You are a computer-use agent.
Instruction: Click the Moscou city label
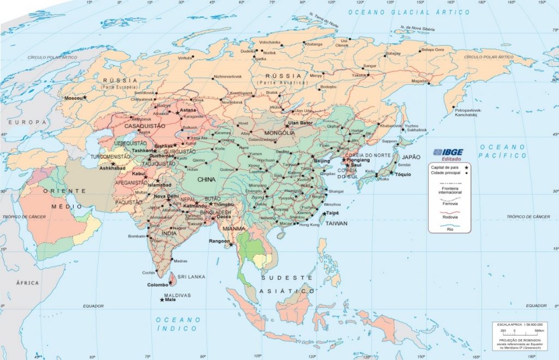[x=73, y=98]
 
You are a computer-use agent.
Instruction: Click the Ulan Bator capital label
[x=300, y=123]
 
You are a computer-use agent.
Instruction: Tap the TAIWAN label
[x=337, y=224]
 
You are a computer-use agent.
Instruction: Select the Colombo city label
[x=158, y=285]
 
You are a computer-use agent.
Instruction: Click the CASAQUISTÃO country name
[x=145, y=126]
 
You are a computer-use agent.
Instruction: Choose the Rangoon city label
[x=220, y=241]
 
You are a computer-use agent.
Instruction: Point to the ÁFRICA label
[x=27, y=283]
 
